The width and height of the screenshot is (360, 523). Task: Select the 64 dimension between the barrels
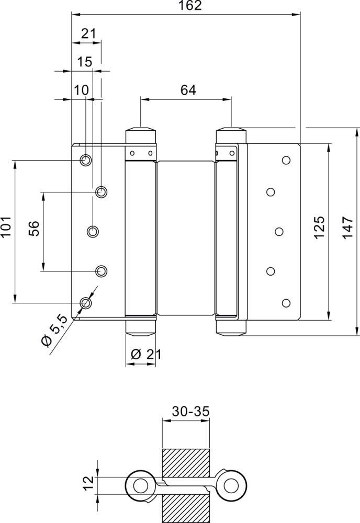pyautogui.click(x=188, y=90)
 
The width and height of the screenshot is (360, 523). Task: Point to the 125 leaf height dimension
pyautogui.click(x=320, y=226)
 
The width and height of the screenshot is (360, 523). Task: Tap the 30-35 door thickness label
pyautogui.click(x=190, y=411)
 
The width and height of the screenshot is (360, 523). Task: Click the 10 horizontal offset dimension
pyautogui.click(x=81, y=90)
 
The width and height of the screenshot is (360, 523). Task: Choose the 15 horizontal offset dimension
pyautogui.click(x=85, y=62)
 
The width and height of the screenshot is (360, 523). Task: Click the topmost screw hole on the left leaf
pyautogui.click(x=85, y=160)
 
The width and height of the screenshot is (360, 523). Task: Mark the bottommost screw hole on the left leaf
pyautogui.click(x=85, y=302)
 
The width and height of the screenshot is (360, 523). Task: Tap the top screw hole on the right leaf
pyautogui.click(x=286, y=160)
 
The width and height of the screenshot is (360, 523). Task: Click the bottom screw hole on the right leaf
pyautogui.click(x=286, y=302)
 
